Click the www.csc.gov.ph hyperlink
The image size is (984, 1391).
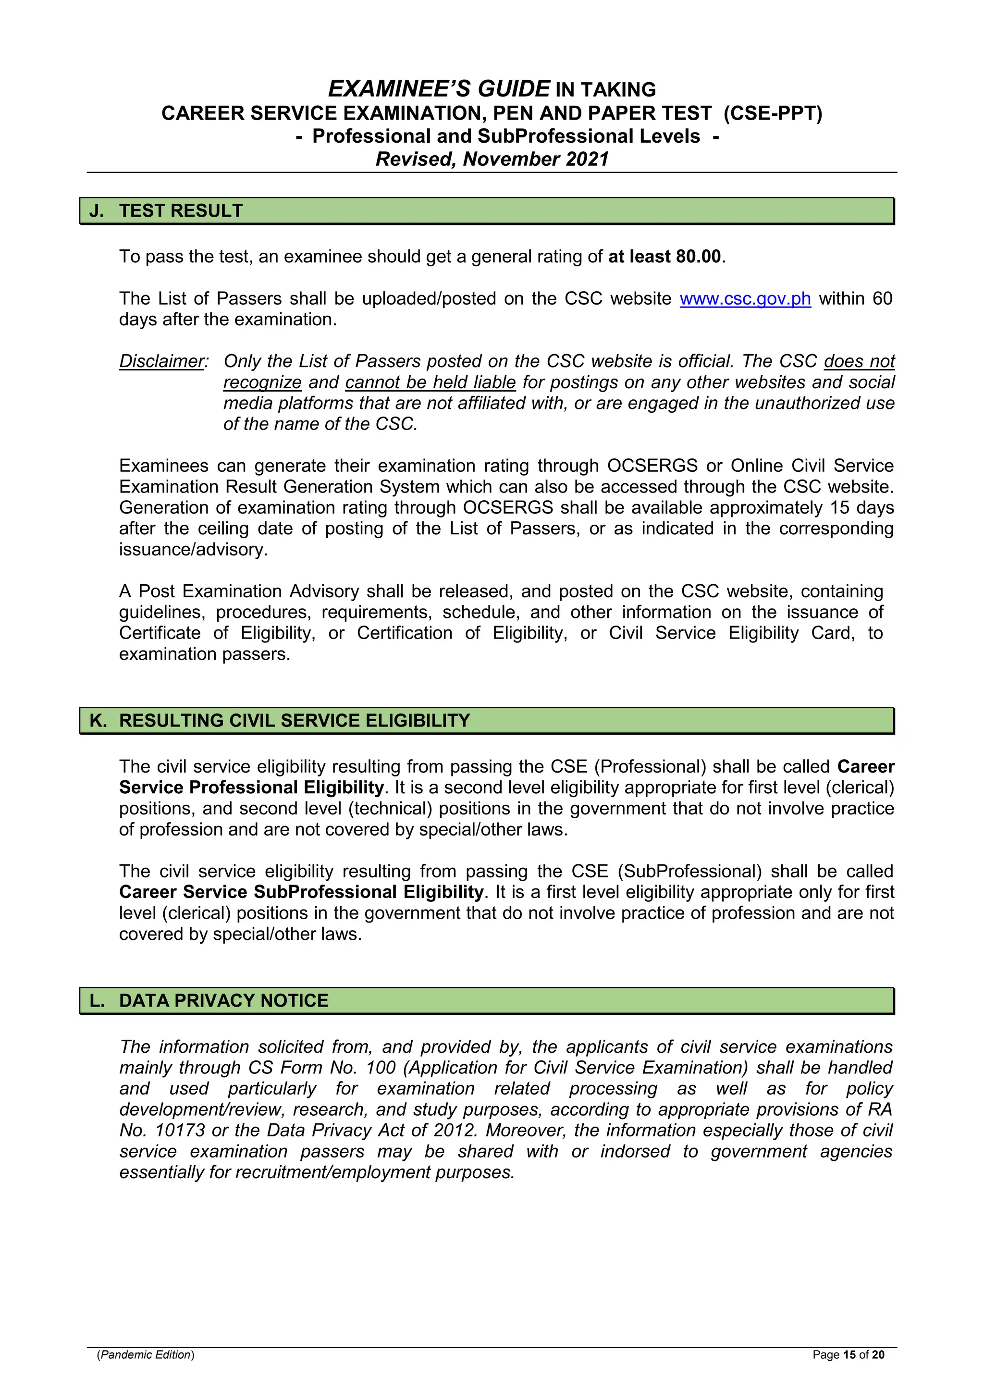pyautogui.click(x=745, y=299)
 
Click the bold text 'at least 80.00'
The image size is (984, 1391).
pyautogui.click(x=664, y=257)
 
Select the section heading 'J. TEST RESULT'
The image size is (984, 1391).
pyautogui.click(x=166, y=211)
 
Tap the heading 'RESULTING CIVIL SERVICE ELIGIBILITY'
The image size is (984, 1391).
pyautogui.click(x=295, y=720)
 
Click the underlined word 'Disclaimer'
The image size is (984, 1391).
pyautogui.click(x=162, y=361)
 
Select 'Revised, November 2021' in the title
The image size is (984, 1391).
pyautogui.click(x=492, y=159)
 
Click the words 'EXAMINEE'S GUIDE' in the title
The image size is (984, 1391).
pyautogui.click(x=439, y=89)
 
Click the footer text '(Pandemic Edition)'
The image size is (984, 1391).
pyautogui.click(x=146, y=1354)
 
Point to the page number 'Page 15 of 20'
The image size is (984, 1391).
pyautogui.click(x=849, y=1354)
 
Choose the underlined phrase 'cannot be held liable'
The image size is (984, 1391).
pyautogui.click(x=430, y=382)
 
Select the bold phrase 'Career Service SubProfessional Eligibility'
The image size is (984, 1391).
pyautogui.click(x=301, y=892)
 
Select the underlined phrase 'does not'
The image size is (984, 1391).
pyautogui.click(x=859, y=361)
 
